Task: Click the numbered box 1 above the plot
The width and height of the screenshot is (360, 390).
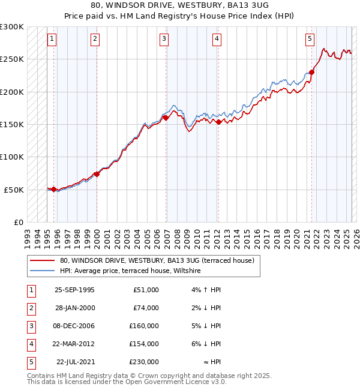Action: [52, 40]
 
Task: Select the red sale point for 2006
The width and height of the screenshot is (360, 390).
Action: [166, 118]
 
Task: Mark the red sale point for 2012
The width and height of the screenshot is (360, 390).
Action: [218, 122]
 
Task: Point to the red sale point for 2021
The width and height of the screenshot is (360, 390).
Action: [312, 73]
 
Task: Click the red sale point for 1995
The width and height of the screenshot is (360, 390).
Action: [54, 189]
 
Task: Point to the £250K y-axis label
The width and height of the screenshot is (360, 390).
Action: [12, 59]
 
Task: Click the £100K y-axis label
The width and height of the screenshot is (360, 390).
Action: [12, 157]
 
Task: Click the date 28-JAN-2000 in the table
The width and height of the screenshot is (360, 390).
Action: [74, 308]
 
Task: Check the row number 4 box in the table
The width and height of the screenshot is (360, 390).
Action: [31, 344]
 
